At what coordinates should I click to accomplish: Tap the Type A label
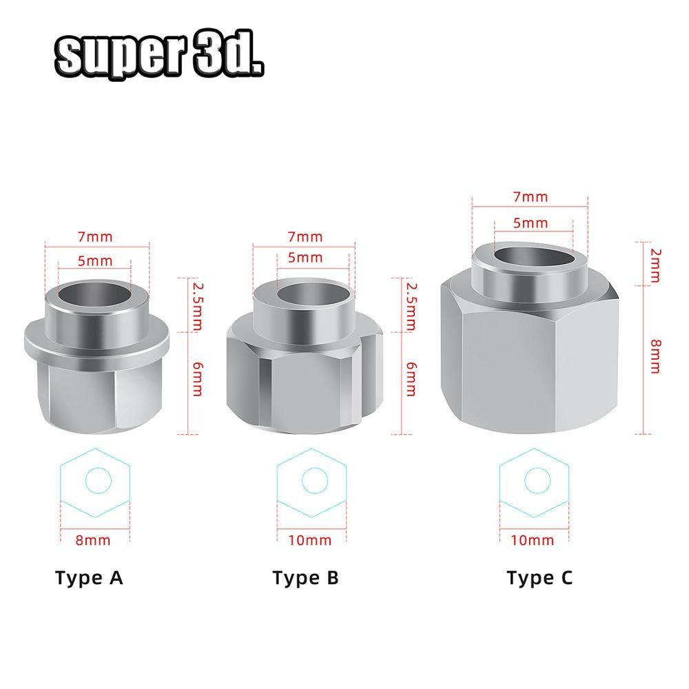tap(89, 577)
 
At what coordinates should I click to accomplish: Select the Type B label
tap(305, 577)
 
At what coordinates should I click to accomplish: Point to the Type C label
tap(539, 577)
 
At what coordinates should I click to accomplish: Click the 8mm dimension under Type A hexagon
tap(92, 539)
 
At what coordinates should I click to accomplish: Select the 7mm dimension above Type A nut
tap(95, 236)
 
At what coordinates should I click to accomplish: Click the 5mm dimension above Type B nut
tap(305, 258)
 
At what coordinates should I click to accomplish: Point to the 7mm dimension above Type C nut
tap(531, 196)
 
